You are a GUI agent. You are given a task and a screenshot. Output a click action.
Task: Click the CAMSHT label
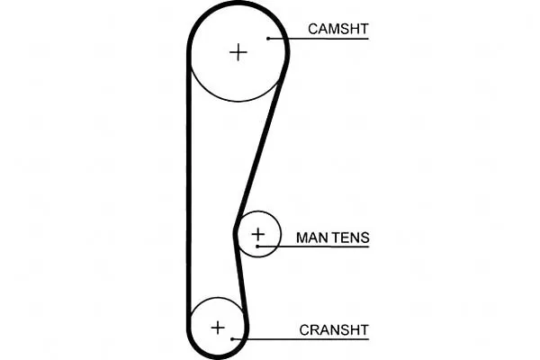(x=338, y=29)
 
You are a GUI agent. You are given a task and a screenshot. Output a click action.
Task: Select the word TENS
(x=351, y=238)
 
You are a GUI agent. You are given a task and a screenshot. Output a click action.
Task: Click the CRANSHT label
(x=334, y=330)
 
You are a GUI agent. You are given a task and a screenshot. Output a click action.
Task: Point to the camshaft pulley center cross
(x=238, y=52)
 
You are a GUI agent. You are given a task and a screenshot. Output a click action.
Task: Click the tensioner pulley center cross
(x=258, y=235)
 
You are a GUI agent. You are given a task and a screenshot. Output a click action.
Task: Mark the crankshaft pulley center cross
(x=218, y=328)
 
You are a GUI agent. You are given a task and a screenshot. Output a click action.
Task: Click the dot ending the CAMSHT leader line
(x=268, y=39)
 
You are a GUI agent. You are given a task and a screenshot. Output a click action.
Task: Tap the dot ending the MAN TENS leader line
(x=257, y=247)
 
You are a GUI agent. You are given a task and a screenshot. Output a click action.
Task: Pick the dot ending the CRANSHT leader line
(x=232, y=339)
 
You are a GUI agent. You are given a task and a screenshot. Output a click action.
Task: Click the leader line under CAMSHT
(x=319, y=39)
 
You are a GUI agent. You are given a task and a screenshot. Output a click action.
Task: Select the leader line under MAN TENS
(x=313, y=247)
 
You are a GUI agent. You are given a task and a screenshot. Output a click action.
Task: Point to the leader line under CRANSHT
(x=301, y=339)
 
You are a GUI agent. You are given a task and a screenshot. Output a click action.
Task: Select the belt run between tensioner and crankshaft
(x=241, y=275)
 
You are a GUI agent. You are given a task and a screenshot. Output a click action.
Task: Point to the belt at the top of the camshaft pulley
(x=238, y=3)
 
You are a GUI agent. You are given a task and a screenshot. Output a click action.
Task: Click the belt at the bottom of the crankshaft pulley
(x=218, y=356)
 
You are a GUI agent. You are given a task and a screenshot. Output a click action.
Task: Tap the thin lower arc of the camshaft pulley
(x=238, y=101)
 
